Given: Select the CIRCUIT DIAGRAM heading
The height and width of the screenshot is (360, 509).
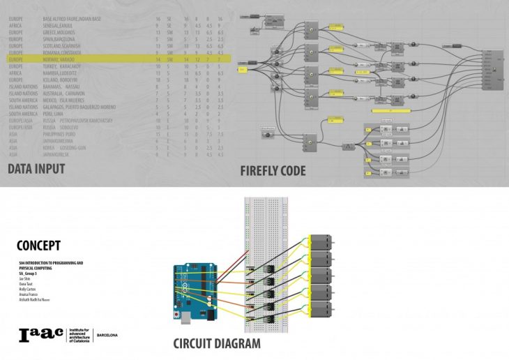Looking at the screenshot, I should pyautogui.click(x=217, y=343).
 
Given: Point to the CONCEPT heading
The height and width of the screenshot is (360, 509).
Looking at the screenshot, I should pyautogui.click(x=38, y=246).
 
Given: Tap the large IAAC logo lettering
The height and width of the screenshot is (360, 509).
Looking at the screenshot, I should pyautogui.click(x=40, y=334).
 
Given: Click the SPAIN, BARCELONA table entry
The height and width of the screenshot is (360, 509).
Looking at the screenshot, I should pyautogui.click(x=61, y=40).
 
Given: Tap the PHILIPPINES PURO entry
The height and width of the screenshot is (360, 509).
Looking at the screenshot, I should pyautogui.click(x=61, y=134).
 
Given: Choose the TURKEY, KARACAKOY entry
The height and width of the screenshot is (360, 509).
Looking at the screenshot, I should pyautogui.click(x=62, y=67).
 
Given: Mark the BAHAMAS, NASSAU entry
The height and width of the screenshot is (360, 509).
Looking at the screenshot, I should pyautogui.click(x=62, y=87).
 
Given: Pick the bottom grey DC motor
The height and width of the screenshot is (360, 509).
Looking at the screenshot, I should pyautogui.click(x=317, y=307).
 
